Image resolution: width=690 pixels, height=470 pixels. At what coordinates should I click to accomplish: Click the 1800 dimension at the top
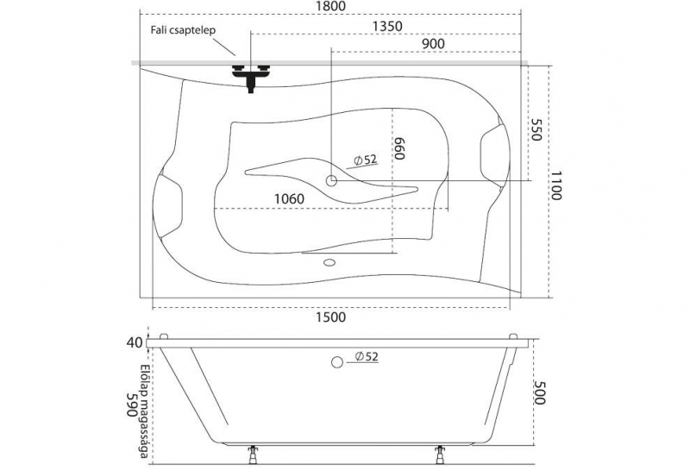click(330, 6)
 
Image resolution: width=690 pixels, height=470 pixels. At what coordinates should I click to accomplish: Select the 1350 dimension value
click(387, 27)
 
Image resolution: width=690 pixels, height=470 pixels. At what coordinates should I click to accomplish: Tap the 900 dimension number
click(433, 44)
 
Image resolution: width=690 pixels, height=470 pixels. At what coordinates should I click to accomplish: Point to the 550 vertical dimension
click(535, 129)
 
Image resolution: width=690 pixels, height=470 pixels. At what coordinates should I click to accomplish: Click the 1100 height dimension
click(555, 185)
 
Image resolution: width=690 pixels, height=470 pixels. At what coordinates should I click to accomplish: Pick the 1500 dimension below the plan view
click(330, 316)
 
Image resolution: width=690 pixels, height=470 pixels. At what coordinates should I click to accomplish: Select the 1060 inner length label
click(289, 199)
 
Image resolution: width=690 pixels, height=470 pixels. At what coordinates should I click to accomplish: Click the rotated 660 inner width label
click(398, 148)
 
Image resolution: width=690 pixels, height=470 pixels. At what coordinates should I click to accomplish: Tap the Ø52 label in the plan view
click(366, 160)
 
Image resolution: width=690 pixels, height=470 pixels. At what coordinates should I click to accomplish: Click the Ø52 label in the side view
click(367, 356)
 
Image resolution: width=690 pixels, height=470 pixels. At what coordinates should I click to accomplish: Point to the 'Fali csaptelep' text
click(183, 30)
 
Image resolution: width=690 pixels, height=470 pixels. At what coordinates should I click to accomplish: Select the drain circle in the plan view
click(331, 180)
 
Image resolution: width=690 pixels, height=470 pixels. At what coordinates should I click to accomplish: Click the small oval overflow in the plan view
click(329, 263)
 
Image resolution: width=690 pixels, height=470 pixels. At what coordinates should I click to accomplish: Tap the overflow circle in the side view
click(337, 362)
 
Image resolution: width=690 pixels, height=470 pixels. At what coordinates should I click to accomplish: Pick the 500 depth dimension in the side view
click(540, 392)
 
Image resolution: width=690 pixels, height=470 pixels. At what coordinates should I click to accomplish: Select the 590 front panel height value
click(132, 404)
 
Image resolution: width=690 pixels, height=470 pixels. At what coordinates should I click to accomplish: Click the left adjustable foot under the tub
click(253, 454)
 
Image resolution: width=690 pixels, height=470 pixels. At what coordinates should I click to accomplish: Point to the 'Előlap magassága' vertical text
click(144, 411)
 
